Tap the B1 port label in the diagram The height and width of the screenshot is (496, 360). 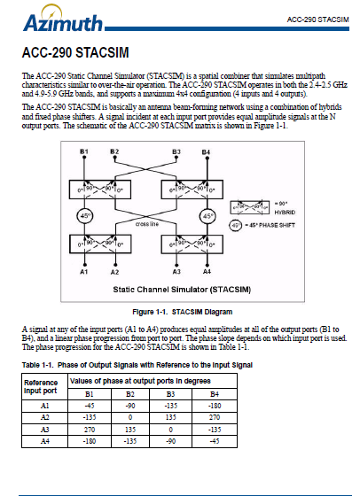85,152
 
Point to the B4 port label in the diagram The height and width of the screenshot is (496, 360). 206,152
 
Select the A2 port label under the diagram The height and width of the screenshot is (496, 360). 114,272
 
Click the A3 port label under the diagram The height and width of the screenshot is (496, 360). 179,272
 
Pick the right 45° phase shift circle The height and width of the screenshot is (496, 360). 208,215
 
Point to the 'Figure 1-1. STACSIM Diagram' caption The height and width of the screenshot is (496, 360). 179,311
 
